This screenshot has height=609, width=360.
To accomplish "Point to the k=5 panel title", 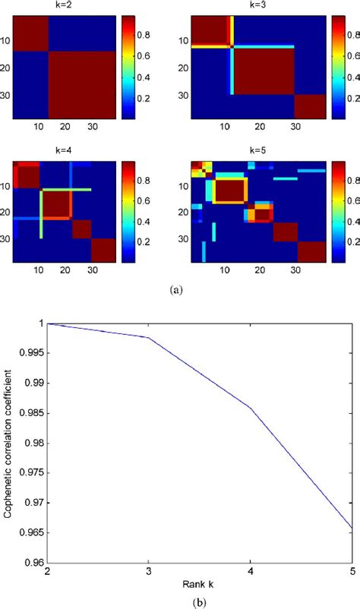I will pos(242,152).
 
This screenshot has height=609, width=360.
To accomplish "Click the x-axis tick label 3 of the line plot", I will pos(147,570).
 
